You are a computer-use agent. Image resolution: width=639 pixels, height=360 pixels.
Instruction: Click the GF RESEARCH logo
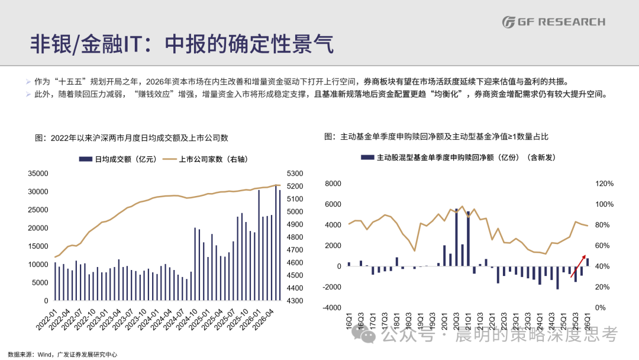pos(553,22)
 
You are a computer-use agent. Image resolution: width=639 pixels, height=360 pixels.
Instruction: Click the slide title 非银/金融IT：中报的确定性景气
pos(182,44)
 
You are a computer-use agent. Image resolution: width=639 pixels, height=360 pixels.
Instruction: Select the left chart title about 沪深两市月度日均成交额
pos(131,138)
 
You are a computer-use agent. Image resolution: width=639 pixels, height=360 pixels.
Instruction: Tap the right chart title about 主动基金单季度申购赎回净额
pos(436,137)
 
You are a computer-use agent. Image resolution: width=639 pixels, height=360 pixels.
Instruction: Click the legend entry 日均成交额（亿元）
pos(118,159)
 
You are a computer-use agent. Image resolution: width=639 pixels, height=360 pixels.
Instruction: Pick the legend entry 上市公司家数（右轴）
pos(205,159)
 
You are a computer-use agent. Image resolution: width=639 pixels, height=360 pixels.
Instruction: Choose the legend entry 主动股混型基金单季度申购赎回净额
pos(458,157)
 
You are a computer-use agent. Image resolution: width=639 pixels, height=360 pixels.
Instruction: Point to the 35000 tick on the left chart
pos(38,173)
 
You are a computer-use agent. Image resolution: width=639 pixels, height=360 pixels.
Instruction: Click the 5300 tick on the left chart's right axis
pos(295,173)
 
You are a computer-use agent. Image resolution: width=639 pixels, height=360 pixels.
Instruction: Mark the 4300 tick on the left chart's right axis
pos(295,300)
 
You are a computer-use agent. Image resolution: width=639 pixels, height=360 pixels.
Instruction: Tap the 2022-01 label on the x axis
pos(46,320)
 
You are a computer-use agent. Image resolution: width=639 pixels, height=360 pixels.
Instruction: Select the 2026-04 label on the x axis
pos(263,320)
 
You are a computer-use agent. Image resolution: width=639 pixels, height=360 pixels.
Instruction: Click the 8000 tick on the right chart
pos(333,184)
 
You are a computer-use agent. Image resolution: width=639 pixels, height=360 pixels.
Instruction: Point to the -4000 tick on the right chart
pos(332,307)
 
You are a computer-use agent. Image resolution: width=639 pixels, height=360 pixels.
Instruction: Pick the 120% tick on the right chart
pos(604,184)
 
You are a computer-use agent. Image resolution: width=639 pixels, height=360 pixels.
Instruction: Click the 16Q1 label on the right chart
pos(349,320)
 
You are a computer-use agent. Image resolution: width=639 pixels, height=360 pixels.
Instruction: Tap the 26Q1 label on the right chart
pos(588,320)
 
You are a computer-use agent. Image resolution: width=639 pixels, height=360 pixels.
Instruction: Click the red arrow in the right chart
pos(578,266)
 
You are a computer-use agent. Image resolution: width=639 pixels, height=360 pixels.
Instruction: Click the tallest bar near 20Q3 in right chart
pos(456,237)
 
